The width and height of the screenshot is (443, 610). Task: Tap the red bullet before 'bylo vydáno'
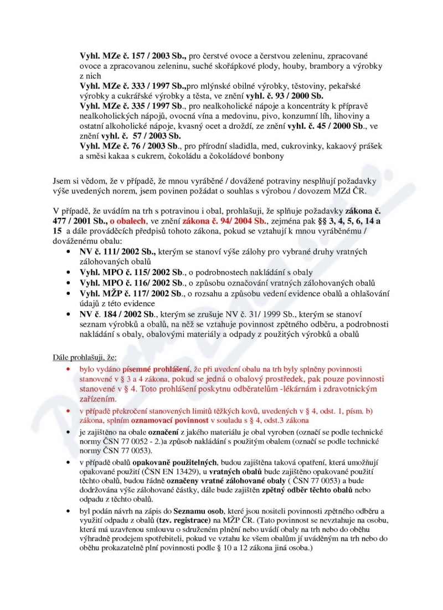pyautogui.click(x=68, y=369)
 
